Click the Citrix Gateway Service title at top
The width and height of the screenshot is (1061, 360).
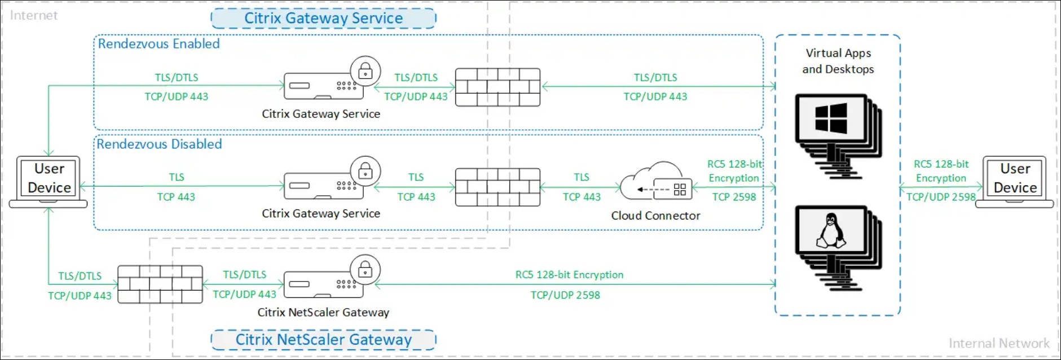click(323, 18)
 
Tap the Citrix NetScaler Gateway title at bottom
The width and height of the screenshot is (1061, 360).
click(323, 340)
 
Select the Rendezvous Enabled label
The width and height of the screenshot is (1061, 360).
click(159, 44)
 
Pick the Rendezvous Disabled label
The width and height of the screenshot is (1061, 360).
click(159, 144)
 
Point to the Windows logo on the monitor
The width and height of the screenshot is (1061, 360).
click(831, 118)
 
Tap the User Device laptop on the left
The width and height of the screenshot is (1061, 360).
click(49, 181)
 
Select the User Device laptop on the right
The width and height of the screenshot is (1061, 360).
click(1015, 181)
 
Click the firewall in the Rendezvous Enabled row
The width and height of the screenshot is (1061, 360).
click(498, 87)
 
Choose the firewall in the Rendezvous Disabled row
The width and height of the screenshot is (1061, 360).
click(498, 187)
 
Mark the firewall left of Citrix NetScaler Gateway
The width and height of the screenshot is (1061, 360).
click(160, 284)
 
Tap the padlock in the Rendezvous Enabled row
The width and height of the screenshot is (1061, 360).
click(365, 71)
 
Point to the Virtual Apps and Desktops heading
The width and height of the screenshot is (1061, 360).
click(838, 61)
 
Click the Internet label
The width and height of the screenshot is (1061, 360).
click(33, 16)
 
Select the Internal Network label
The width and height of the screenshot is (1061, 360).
click(999, 344)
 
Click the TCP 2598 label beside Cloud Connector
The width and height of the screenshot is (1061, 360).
click(734, 197)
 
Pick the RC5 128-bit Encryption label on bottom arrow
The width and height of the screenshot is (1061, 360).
click(569, 275)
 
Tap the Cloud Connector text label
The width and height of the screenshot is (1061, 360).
click(655, 216)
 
